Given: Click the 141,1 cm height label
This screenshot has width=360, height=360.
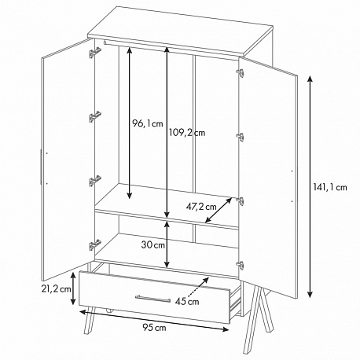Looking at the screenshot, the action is click(x=330, y=187).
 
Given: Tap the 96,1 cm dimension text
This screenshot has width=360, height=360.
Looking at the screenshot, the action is click(x=147, y=123).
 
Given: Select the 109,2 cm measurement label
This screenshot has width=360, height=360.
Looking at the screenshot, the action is click(x=187, y=133).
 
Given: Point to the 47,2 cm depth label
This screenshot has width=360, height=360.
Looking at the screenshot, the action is click(x=201, y=207).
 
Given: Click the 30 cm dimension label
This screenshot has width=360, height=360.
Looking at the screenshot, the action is click(x=153, y=245).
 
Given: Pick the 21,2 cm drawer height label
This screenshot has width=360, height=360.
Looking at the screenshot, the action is click(x=56, y=288).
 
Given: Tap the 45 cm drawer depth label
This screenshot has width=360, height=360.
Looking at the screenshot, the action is click(x=187, y=301).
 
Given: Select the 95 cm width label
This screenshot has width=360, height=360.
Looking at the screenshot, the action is click(x=154, y=327).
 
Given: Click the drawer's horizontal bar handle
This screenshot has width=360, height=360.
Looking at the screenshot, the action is click(x=152, y=298).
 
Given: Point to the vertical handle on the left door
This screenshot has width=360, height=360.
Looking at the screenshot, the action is click(x=41, y=167).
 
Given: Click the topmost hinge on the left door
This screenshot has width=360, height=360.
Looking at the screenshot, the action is click(x=94, y=53).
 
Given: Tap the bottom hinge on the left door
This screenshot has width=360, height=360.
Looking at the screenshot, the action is click(x=94, y=245).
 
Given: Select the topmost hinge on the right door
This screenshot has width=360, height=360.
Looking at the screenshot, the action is click(x=241, y=72).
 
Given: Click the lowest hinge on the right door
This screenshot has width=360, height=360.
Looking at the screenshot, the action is click(x=241, y=265).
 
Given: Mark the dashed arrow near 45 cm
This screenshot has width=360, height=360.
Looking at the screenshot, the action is click(x=198, y=287).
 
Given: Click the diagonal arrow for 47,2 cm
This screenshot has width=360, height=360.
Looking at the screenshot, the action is click(x=219, y=210).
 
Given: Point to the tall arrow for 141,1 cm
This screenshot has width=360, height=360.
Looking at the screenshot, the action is click(x=310, y=186).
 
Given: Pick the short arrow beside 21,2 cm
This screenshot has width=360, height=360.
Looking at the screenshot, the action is click(x=74, y=288).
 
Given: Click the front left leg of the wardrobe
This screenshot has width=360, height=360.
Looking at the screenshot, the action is click(x=90, y=321).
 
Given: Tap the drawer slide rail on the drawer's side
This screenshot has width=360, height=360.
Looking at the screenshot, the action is click(x=235, y=302).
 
